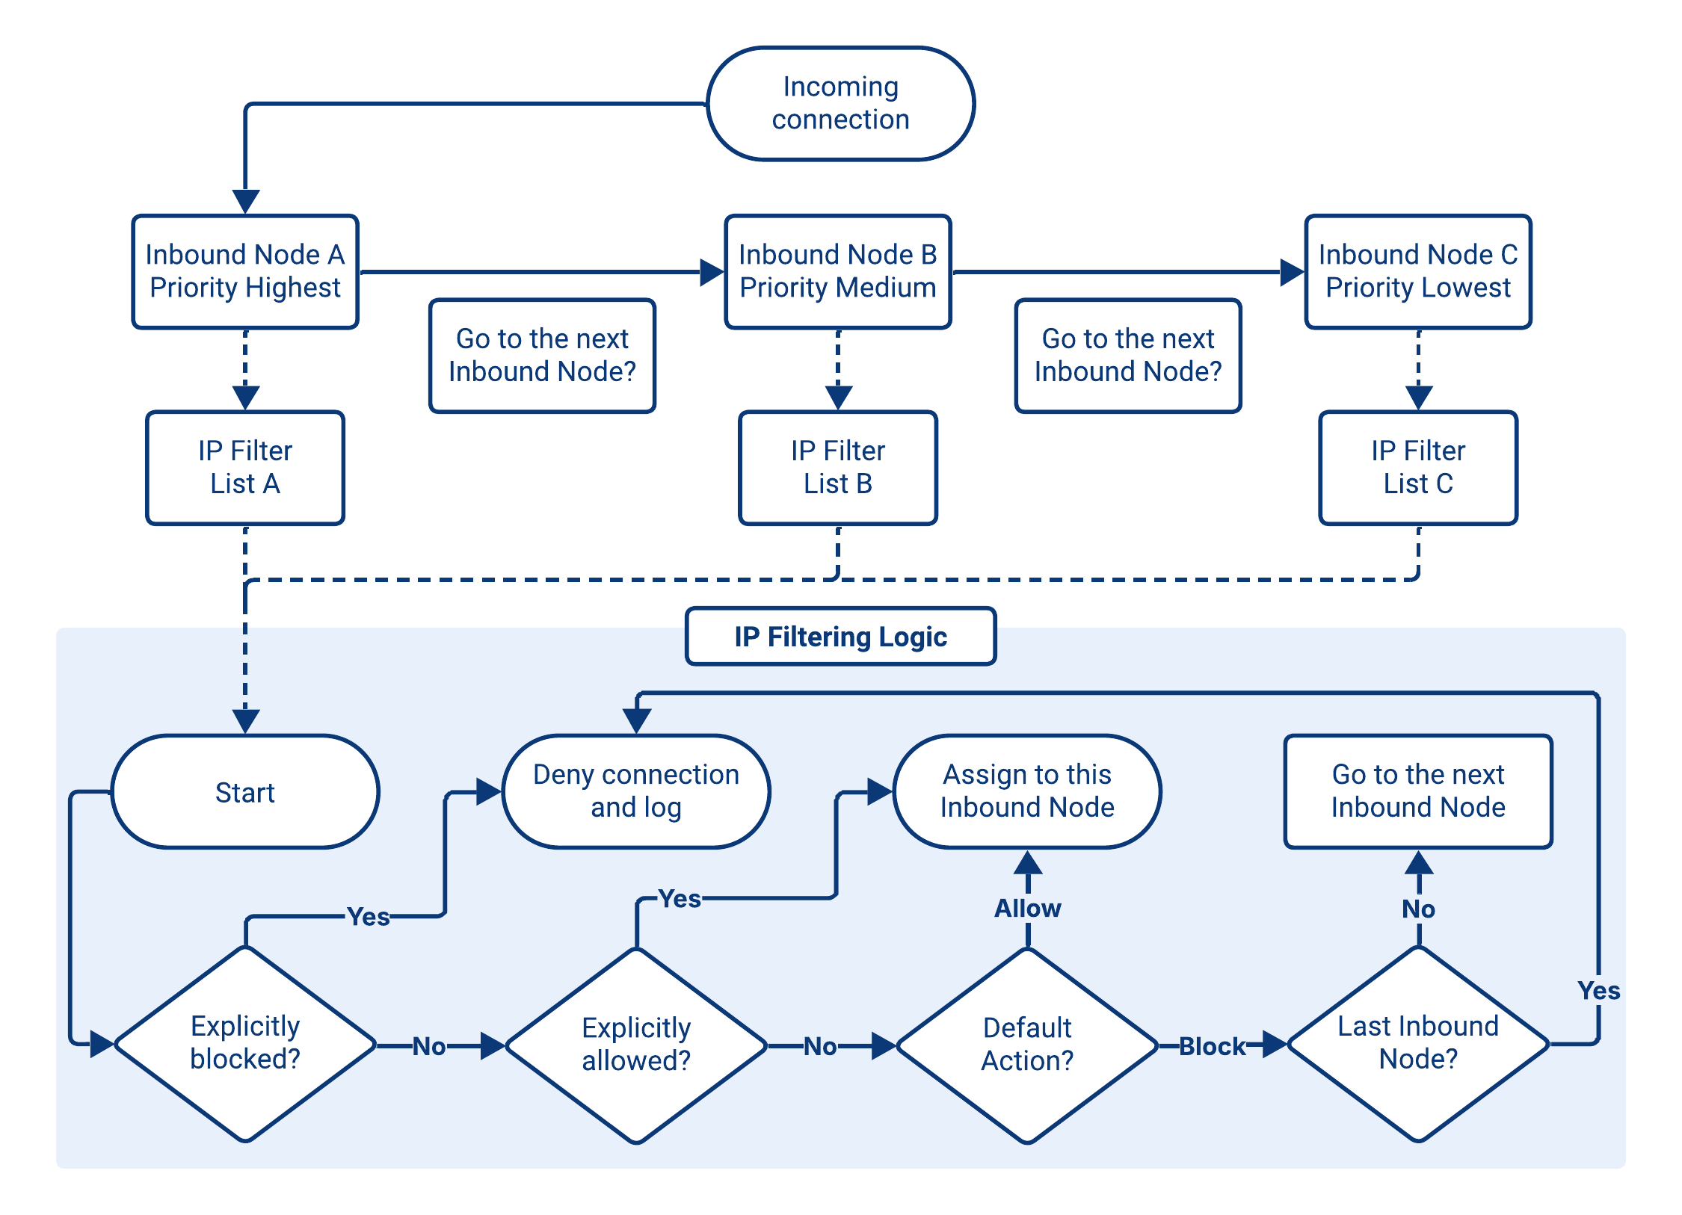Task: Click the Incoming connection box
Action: pyautogui.click(x=840, y=104)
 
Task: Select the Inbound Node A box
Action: pyautogui.click(x=245, y=271)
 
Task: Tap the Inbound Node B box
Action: pyautogui.click(x=837, y=271)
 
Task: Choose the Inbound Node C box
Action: pyautogui.click(x=1417, y=271)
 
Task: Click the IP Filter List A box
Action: pyautogui.click(x=245, y=467)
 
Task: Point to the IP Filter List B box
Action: pyautogui.click(x=837, y=467)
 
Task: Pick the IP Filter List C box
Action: pyautogui.click(x=1417, y=467)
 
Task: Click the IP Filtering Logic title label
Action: pyautogui.click(x=840, y=637)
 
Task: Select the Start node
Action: pyautogui.click(x=245, y=792)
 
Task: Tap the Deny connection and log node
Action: pyautogui.click(x=636, y=791)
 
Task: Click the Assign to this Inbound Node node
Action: pyautogui.click(x=1027, y=791)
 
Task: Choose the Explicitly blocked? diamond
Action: pyautogui.click(x=245, y=1043)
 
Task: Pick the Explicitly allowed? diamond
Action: pyautogui.click(x=636, y=1045)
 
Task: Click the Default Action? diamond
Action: pyautogui.click(x=1027, y=1045)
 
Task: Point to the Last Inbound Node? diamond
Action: pyautogui.click(x=1417, y=1043)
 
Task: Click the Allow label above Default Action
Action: pyautogui.click(x=1027, y=909)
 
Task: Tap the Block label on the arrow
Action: pyautogui.click(x=1212, y=1046)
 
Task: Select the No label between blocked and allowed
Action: pyautogui.click(x=429, y=1046)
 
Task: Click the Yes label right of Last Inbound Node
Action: pyautogui.click(x=1598, y=991)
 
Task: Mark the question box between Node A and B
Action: pyautogui.click(x=542, y=356)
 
